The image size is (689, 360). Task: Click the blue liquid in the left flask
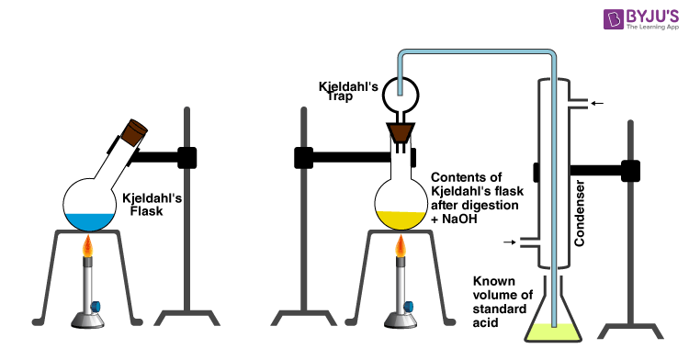point(88,220)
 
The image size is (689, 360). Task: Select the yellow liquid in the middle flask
point(401,221)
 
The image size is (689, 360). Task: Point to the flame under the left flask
point(88,247)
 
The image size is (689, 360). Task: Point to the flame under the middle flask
point(401,247)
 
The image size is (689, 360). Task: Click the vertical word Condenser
point(580,212)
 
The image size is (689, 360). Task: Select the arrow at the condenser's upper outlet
point(597,103)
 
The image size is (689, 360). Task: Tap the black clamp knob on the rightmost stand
point(630,170)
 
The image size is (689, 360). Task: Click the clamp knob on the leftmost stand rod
point(186,157)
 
